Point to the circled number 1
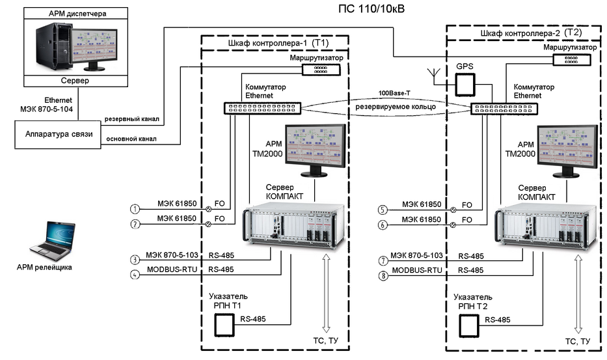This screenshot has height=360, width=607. tap(135, 209)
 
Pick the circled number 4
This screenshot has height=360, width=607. tap(135, 275)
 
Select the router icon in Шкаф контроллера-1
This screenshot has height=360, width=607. tap(318, 68)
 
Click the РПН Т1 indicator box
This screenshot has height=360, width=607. tap(224, 323)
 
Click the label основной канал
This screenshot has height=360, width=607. tap(132, 139)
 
